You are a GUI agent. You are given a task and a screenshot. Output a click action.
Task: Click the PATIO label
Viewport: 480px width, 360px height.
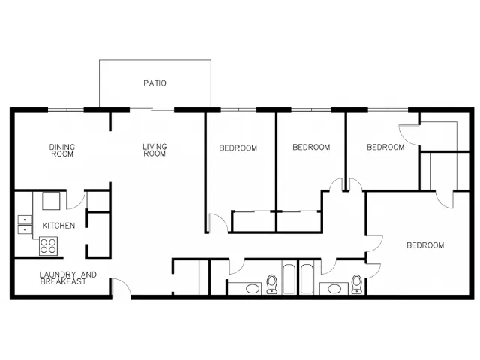(155, 83)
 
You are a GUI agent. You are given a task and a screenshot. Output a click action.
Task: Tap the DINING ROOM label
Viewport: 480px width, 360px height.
(62, 151)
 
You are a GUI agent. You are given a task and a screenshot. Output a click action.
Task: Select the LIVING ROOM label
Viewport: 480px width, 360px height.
(154, 150)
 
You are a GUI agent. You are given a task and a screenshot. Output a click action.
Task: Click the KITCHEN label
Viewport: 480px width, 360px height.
(58, 226)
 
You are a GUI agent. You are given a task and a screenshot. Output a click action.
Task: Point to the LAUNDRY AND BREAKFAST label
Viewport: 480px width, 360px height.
(68, 278)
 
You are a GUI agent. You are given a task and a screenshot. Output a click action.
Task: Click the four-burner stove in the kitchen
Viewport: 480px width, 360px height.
(48, 246)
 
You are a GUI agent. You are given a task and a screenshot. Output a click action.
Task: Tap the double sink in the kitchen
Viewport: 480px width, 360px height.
(25, 225)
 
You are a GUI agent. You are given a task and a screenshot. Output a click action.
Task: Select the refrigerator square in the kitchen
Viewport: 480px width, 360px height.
(51, 201)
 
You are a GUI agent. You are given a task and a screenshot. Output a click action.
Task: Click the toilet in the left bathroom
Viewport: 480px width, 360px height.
(271, 283)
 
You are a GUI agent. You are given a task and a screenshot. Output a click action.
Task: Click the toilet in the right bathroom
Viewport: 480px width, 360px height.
(356, 283)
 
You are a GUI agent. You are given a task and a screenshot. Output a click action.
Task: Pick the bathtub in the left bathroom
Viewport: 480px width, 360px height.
(289, 278)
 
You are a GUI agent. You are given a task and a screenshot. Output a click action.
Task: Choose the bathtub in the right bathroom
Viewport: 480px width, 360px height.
(307, 278)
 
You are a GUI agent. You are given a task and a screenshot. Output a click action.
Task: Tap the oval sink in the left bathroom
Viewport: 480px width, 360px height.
(252, 288)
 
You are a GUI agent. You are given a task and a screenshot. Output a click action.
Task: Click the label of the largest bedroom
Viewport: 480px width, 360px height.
(425, 245)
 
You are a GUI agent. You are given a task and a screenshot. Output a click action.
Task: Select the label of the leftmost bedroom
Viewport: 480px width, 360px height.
(238, 148)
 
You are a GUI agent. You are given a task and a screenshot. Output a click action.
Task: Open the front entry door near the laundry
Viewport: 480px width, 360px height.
(121, 288)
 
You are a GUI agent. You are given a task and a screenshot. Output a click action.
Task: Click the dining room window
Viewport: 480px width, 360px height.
(65, 109)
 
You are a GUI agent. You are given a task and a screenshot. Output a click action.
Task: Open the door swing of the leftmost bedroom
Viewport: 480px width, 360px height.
(218, 223)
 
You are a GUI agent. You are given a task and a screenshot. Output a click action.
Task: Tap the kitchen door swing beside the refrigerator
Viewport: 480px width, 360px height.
(76, 200)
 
